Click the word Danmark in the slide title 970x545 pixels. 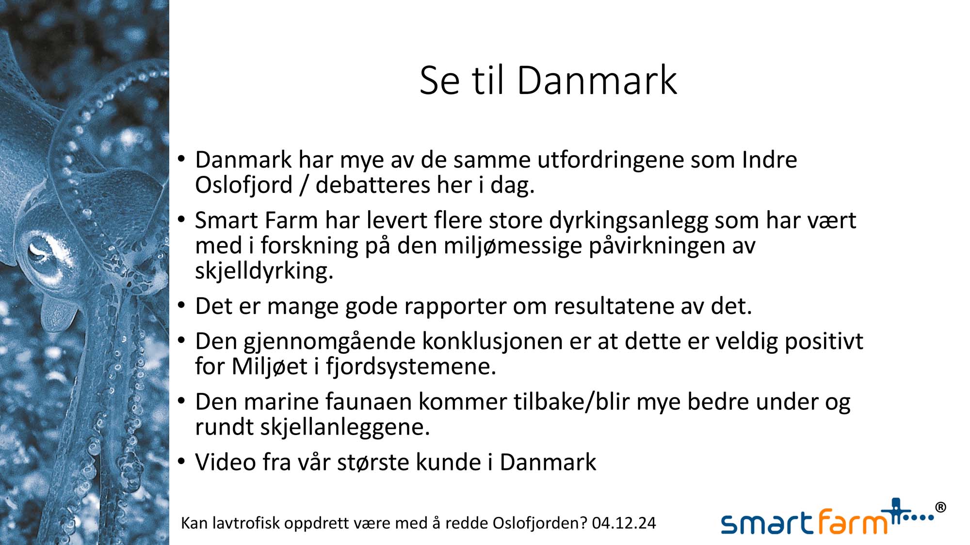tap(597, 80)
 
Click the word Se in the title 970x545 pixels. tap(439, 80)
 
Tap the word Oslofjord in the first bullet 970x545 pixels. tap(244, 185)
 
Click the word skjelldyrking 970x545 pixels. tap(264, 271)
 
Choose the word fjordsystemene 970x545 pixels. tap(411, 367)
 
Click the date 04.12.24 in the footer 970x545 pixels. tap(624, 523)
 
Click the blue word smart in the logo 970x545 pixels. tap(767, 523)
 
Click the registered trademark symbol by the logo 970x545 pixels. tap(940, 508)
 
